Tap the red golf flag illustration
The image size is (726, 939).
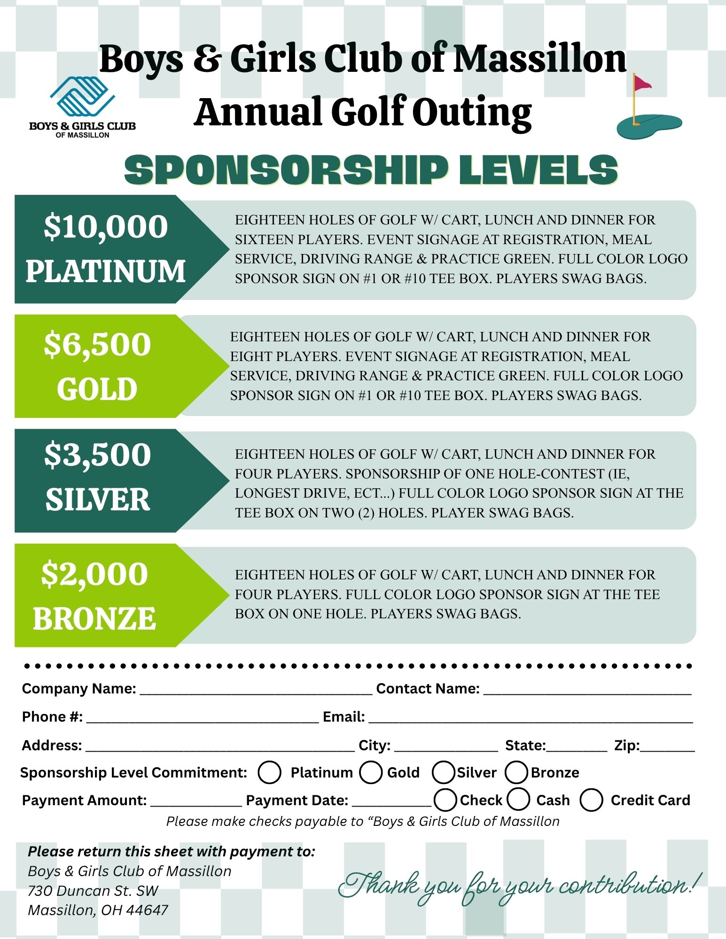pos(642,84)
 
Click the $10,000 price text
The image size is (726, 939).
pos(106,227)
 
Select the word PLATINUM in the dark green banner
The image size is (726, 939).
pos(106,271)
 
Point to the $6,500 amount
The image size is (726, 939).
pos(97,344)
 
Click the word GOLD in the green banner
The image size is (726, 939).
pos(97,389)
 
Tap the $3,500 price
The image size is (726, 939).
pos(97,454)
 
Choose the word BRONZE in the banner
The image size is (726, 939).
pos(94,618)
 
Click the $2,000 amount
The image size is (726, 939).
pos(94,574)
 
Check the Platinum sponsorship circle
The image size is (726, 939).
pos(270,772)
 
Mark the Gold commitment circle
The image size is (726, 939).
pos(371,772)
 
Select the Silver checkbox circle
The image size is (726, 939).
pos(443,772)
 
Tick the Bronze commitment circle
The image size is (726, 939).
pos(516,772)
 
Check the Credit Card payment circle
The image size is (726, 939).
pos(591,800)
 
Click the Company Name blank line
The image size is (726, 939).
pos(256,689)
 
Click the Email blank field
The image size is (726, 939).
pos(531,717)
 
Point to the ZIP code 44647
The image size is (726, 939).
pos(147,910)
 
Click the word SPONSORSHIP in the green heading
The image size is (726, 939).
pos(286,170)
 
